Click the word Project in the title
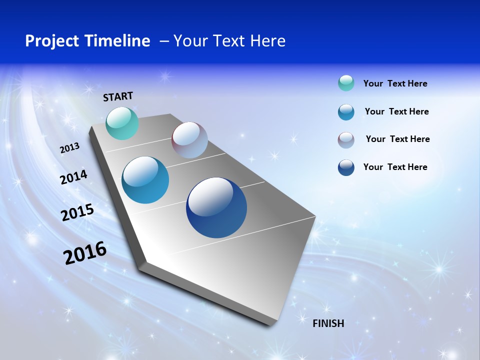point(50,41)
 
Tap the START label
point(118,96)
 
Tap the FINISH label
point(328,323)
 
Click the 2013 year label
point(69,148)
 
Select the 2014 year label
point(73,177)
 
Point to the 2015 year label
point(77,212)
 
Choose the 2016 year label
point(85,253)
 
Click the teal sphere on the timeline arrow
point(122,123)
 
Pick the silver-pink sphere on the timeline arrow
point(189,140)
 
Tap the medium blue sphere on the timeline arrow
point(145,180)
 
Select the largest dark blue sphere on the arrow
point(216,207)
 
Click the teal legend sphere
point(346,83)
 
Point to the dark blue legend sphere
point(346,167)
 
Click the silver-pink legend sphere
point(346,140)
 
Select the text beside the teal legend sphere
point(395,83)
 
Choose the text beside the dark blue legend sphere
point(395,167)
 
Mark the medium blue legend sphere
point(346,112)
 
